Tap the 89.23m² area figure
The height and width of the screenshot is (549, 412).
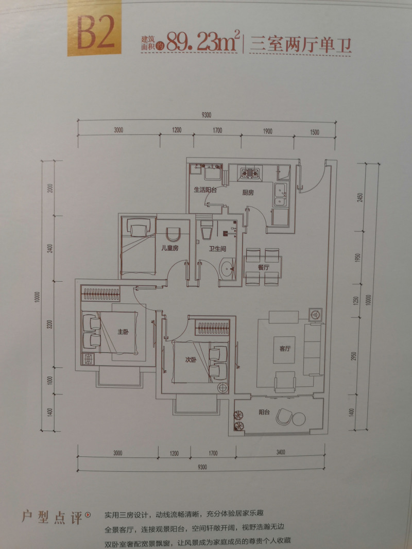coord(203,41)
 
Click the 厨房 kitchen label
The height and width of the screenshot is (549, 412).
coord(248,192)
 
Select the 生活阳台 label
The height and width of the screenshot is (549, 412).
coord(205,190)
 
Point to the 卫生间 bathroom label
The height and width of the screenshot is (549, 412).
coord(218,249)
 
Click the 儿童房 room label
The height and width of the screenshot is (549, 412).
coord(170,248)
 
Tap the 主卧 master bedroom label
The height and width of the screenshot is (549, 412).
coord(123,332)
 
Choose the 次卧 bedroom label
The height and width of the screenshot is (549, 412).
coord(191,359)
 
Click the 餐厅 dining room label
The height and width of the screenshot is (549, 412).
coord(264,267)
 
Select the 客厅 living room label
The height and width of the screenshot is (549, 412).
coord(285,349)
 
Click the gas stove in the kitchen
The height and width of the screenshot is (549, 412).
coord(250,172)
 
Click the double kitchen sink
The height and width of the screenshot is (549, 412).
coord(281,195)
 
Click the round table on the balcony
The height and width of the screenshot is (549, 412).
coord(299,418)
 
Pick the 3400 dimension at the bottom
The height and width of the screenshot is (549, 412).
coord(281,452)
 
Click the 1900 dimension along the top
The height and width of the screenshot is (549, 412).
coord(267,132)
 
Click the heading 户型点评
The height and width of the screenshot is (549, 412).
coord(52,517)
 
